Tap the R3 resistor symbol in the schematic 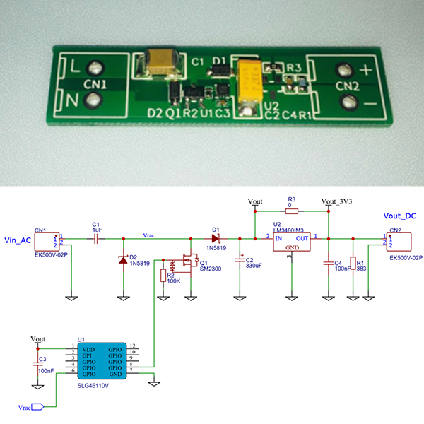292,211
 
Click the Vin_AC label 18,241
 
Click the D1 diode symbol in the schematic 216,238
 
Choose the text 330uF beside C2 254,266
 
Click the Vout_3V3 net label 337,201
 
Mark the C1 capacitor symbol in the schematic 97,238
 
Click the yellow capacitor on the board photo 252,81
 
